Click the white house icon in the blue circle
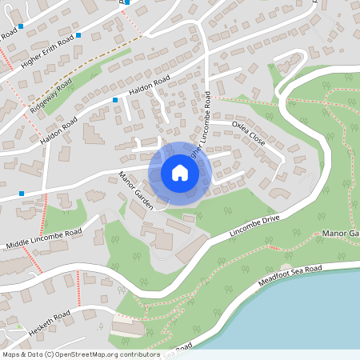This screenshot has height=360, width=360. (x=180, y=172)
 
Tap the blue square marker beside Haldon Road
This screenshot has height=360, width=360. (x=116, y=99)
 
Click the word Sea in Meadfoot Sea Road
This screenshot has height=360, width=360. (x=298, y=274)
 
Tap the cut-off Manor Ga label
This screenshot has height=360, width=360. (x=342, y=234)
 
